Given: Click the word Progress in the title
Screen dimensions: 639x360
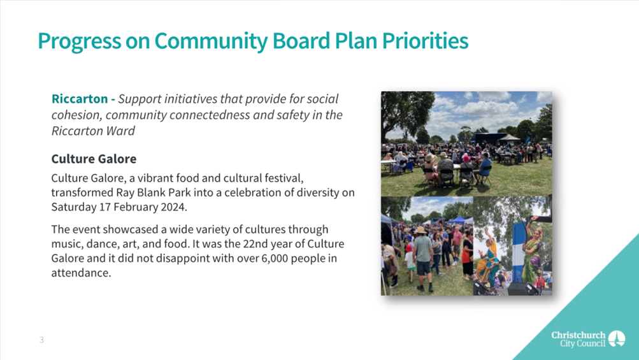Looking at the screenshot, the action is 80,41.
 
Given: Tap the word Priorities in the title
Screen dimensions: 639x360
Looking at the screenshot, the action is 425,40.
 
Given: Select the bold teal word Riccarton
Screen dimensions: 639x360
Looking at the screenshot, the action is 80,99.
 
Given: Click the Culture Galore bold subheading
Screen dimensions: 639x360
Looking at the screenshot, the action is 94,159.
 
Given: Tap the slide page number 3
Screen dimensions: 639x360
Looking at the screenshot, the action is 41,340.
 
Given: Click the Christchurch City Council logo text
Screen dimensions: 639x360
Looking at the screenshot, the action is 578,339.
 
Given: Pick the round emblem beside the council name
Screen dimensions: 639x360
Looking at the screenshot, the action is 617,339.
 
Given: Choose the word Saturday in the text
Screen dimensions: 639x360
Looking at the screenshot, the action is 74,207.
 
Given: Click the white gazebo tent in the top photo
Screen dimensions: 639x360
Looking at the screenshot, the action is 510,138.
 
